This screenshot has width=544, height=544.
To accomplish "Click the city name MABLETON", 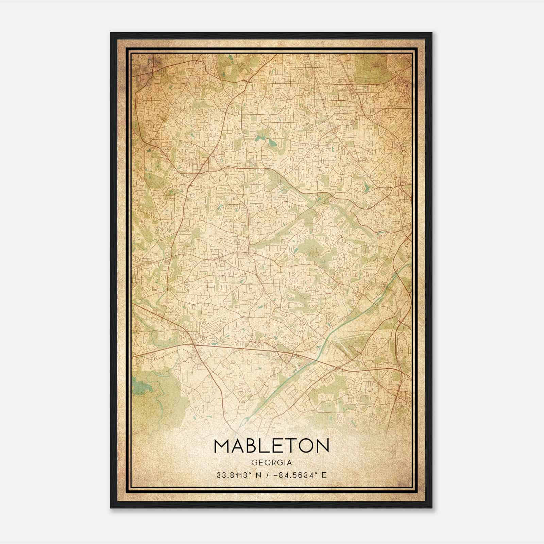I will click(x=271, y=446).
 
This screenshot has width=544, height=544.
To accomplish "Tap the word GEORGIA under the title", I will click(x=271, y=463).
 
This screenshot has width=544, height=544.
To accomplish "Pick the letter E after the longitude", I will click(x=324, y=475).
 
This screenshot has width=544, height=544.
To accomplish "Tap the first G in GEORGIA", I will click(x=254, y=463).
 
